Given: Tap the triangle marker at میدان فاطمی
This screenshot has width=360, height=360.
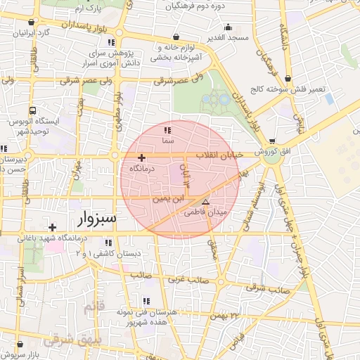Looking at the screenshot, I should pos(205,202).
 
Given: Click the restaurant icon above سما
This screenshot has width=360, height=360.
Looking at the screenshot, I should pos(167,131).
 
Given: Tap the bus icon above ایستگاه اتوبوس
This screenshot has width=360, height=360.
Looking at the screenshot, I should pos(32,111).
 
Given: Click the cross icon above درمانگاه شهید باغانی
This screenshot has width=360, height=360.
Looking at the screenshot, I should pos(53,227).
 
